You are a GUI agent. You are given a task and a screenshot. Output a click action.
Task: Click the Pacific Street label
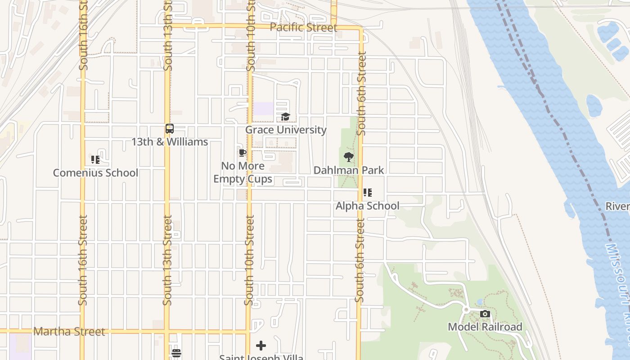pos(303,27)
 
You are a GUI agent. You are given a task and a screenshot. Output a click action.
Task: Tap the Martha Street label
pos(69,332)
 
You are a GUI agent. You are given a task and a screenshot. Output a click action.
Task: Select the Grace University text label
pos(286,130)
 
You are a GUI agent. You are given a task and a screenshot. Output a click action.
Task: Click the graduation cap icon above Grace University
pos(286,117)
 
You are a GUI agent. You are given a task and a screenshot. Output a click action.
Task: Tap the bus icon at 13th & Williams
pos(170,129)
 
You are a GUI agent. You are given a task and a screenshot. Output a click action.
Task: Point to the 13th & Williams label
pos(170,142)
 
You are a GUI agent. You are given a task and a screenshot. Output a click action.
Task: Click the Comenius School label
pos(95,173)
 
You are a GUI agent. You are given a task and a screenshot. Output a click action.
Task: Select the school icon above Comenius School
pos(95,160)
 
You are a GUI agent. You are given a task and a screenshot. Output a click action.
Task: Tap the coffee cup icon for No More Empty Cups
pos(243,153)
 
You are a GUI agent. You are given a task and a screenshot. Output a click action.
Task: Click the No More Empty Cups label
pos(243,172)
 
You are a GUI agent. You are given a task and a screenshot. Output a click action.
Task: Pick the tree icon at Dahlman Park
pos(348,157)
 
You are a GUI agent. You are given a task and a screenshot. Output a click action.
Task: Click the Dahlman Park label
pos(349,170)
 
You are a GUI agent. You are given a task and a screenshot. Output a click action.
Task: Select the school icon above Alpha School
pos(368,193)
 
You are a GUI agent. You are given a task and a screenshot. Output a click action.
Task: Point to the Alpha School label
pos(368,206)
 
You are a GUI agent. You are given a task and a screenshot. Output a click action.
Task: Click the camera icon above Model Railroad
pos(485,314)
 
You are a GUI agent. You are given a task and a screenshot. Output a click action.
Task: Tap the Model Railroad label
pos(485,327)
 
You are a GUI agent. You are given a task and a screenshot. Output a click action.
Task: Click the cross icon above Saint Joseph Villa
pos(261,346)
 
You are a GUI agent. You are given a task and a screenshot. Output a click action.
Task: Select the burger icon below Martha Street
pos(176,353)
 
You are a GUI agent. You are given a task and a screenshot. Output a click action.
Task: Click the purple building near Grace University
pos(263,108)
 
